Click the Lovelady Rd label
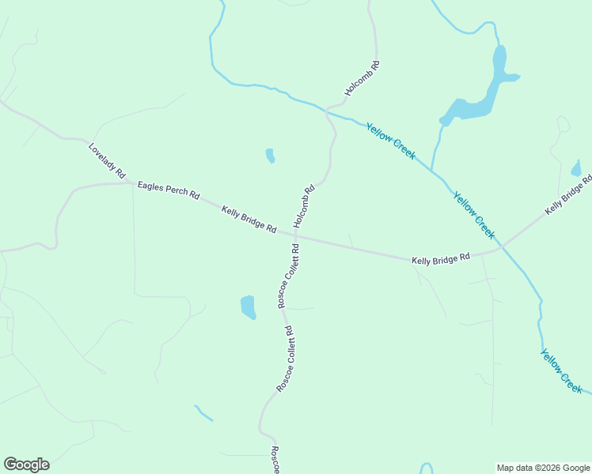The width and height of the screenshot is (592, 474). click(x=107, y=160)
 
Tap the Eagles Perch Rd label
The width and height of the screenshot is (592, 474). click(x=168, y=190)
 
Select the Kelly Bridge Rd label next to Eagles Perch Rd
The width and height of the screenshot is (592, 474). click(x=249, y=219)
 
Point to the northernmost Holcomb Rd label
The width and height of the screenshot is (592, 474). click(x=362, y=79)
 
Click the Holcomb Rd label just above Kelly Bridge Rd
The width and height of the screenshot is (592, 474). click(x=304, y=206)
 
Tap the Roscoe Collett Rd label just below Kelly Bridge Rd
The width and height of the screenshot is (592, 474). click(x=287, y=276)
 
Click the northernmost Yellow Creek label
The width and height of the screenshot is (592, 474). click(x=390, y=141)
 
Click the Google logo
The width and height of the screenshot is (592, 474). click(x=26, y=465)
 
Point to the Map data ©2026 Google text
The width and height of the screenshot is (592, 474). click(x=543, y=468)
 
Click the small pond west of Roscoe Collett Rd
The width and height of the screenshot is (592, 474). click(x=249, y=307)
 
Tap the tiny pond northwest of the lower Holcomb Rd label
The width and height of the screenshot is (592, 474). click(x=270, y=156)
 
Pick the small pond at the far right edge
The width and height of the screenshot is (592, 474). click(x=575, y=168)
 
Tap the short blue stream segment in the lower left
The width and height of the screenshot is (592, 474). click(x=203, y=412)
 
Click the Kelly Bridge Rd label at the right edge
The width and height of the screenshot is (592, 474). click(x=568, y=195)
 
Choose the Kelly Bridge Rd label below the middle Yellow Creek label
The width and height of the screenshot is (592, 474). click(x=441, y=259)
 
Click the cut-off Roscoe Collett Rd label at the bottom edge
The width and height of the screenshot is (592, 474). click(x=275, y=461)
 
